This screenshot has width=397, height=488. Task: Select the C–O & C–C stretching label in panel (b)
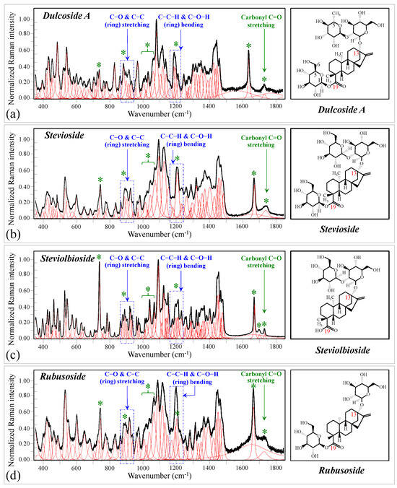coord(126,139)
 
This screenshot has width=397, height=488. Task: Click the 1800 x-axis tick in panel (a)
coord(274,105)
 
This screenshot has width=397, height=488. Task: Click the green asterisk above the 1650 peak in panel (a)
coord(248,46)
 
